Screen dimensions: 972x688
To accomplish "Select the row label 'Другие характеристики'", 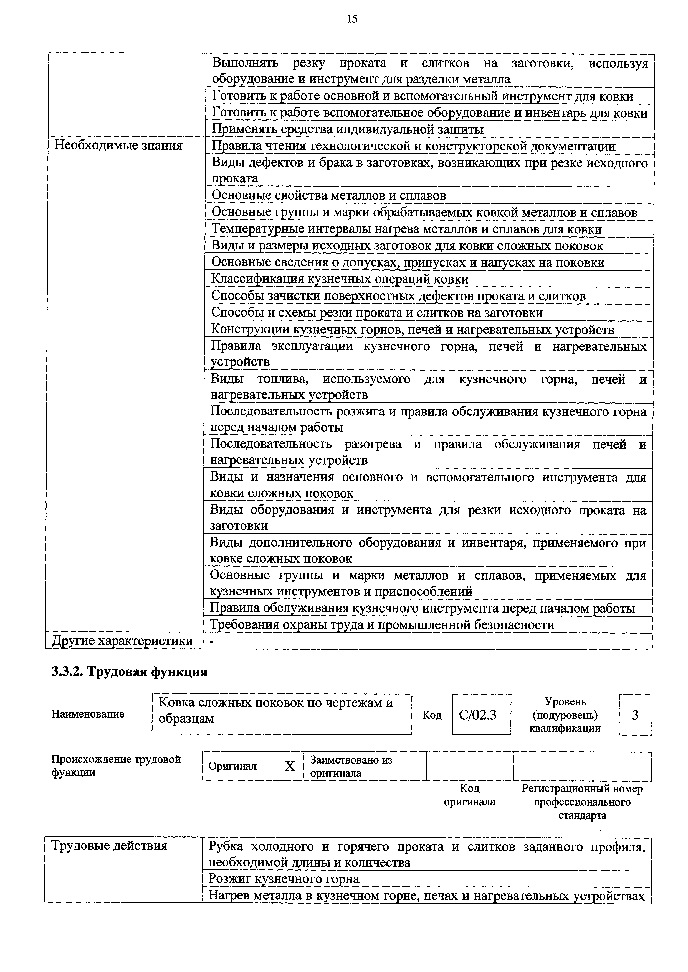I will [x=122, y=641].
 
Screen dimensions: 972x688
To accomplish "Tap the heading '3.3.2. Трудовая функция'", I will [x=129, y=672].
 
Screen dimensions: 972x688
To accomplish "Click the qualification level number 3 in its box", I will [x=635, y=715].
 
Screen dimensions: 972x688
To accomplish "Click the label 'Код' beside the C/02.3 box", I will [x=432, y=715].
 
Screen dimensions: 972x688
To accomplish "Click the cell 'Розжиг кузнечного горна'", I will [x=284, y=879].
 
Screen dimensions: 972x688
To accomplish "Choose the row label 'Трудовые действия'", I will [x=109, y=846].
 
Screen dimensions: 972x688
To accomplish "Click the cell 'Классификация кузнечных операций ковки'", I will [x=340, y=279].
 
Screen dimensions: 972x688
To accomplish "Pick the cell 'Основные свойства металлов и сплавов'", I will [x=329, y=196].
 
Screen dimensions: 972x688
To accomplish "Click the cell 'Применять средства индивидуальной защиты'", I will [x=347, y=129].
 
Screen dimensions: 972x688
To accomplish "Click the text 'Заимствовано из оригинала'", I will [x=351, y=766].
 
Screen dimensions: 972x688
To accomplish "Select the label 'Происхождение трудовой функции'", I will [x=116, y=766].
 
